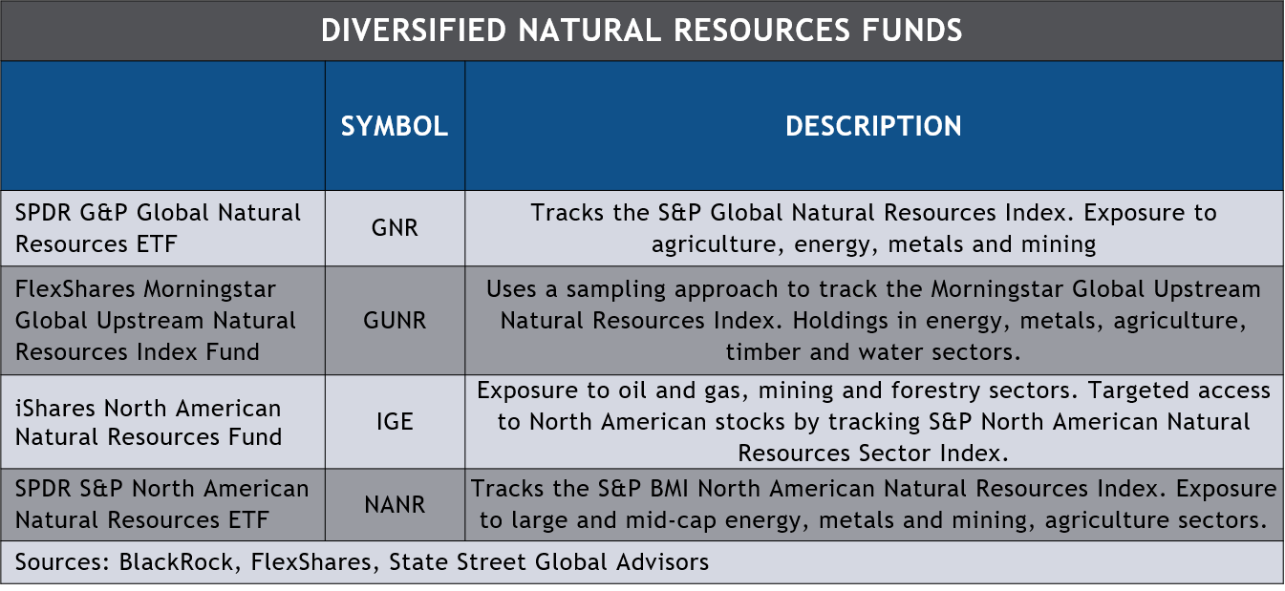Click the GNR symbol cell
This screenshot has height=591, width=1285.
click(394, 229)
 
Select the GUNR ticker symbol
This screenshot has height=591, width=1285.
click(394, 321)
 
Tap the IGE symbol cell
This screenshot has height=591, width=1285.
click(394, 421)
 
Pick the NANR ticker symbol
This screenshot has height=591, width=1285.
click(394, 505)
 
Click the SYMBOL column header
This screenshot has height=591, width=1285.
click(394, 126)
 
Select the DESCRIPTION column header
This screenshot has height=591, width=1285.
click(873, 126)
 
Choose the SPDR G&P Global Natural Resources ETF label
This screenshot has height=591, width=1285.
click(158, 228)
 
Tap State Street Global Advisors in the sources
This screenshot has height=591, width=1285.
click(548, 562)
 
